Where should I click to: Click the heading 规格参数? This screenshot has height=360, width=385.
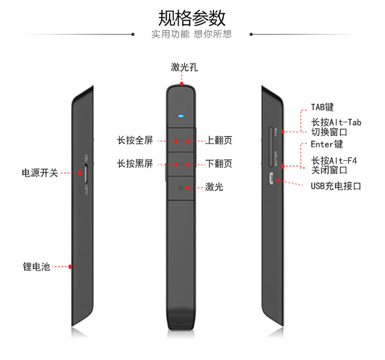point(192,18)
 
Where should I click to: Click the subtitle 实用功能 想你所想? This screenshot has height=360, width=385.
point(192,34)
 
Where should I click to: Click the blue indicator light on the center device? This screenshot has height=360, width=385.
point(181,116)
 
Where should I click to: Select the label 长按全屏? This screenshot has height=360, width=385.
point(135,140)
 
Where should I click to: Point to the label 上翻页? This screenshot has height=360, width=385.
point(219,140)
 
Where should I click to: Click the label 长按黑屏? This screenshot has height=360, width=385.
point(135,164)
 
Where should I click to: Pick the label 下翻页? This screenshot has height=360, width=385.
point(219,164)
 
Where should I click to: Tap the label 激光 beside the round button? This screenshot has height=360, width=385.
point(214,187)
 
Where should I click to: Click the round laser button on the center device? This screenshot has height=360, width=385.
point(181,187)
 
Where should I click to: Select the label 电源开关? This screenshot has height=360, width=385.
point(39,173)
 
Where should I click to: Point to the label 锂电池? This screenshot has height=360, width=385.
point(36,266)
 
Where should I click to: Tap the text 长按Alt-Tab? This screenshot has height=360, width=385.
point(336,122)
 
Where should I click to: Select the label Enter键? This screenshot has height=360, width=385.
point(327,144)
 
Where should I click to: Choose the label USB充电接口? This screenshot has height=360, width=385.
point(335,186)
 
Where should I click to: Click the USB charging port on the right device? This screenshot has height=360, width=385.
point(270,179)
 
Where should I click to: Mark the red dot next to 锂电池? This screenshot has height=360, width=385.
point(70,266)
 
